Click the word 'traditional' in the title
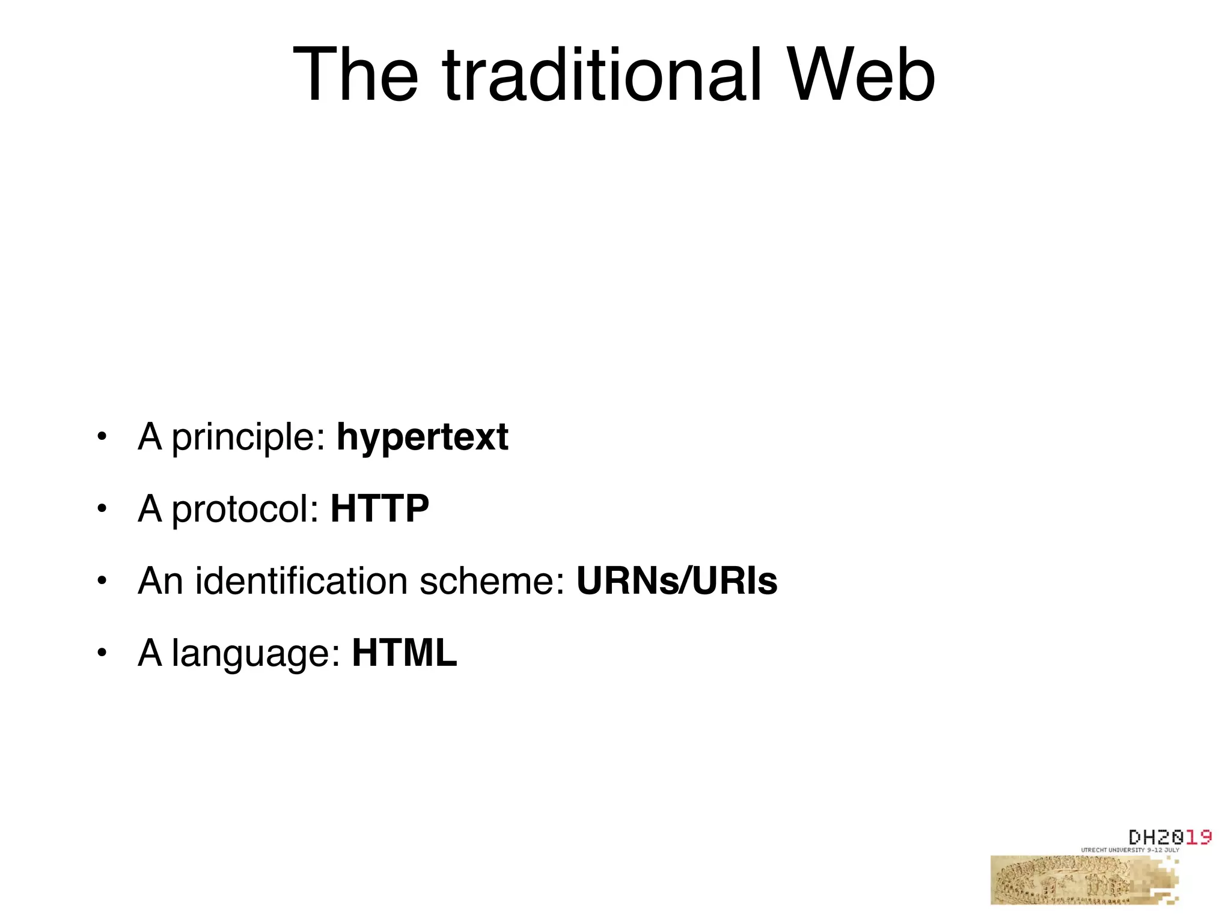(x=602, y=76)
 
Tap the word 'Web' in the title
(x=861, y=76)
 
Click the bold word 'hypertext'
(x=422, y=437)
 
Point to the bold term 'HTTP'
(x=380, y=508)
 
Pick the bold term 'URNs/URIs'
(x=677, y=581)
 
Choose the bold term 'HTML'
(x=405, y=653)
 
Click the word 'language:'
(x=256, y=654)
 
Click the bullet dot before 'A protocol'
(x=102, y=508)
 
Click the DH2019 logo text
(x=1169, y=837)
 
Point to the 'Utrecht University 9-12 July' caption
(x=1130, y=850)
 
